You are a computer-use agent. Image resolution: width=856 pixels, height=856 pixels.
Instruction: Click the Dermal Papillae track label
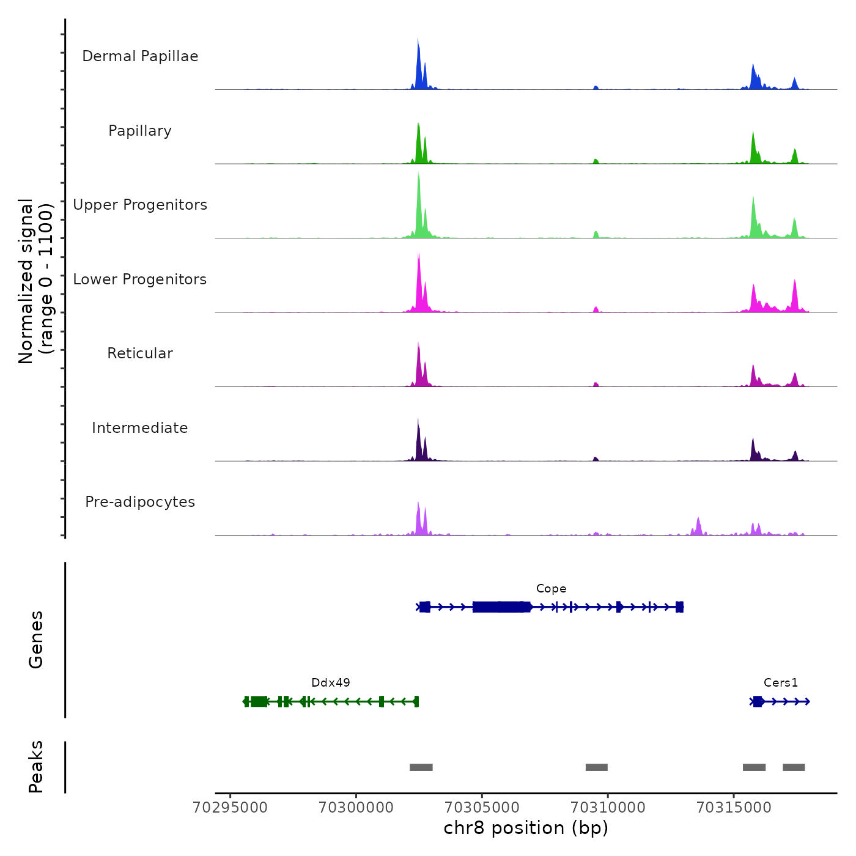pyautogui.click(x=140, y=56)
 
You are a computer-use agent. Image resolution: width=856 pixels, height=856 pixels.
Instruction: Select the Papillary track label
pyautogui.click(x=140, y=131)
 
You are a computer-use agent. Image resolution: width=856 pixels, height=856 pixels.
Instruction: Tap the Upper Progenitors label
pyautogui.click(x=140, y=205)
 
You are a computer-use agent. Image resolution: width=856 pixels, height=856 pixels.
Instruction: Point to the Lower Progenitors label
pyautogui.click(x=140, y=279)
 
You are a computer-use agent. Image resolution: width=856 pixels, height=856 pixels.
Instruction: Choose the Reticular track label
pyautogui.click(x=140, y=353)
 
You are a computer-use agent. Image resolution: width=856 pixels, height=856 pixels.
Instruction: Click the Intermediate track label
pyautogui.click(x=140, y=428)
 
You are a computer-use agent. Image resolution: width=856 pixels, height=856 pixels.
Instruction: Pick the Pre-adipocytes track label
pyautogui.click(x=140, y=502)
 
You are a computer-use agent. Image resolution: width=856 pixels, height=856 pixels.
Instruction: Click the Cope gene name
pyautogui.click(x=551, y=589)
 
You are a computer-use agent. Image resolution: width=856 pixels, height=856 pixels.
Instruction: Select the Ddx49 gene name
pyautogui.click(x=331, y=683)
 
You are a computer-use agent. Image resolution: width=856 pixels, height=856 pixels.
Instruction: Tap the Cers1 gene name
pyautogui.click(x=781, y=683)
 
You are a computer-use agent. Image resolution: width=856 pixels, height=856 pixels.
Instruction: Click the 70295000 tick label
pyautogui.click(x=230, y=808)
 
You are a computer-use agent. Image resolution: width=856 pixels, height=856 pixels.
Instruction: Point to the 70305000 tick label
pyautogui.click(x=482, y=808)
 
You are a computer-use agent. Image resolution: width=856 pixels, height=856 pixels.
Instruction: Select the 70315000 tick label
pyautogui.click(x=734, y=808)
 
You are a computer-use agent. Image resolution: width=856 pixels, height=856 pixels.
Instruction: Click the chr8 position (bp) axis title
pyautogui.click(x=526, y=828)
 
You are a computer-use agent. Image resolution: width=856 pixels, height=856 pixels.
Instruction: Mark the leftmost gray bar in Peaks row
pyautogui.click(x=421, y=767)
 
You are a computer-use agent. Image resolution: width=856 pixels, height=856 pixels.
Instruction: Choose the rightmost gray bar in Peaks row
pyautogui.click(x=794, y=767)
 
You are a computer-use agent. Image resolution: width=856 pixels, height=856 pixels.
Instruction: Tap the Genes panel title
pyautogui.click(x=36, y=640)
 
